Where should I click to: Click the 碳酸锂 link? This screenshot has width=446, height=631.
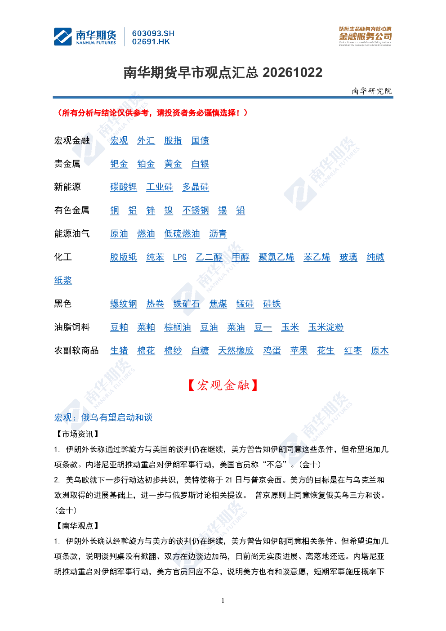coord(123,187)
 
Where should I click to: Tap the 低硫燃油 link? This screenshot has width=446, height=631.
coord(182,234)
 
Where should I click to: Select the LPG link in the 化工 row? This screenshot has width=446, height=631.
coord(180,257)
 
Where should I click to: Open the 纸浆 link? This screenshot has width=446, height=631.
coord(63,281)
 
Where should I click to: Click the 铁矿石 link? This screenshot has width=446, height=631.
coord(187,304)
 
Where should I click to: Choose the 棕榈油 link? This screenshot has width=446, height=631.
coord(178,327)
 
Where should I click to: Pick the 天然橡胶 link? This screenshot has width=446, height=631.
coord(236,351)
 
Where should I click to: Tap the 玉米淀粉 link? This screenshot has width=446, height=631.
coord(326,327)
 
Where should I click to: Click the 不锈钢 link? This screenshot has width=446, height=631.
coord(196,210)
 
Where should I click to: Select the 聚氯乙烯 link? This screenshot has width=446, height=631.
coord(277,257)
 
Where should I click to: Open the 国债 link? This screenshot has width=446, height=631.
coord(200,141)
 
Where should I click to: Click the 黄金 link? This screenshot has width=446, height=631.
coord(173,164)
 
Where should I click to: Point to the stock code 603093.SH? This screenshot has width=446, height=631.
coord(153,34)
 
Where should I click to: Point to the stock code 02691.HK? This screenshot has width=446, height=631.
coord(151,42)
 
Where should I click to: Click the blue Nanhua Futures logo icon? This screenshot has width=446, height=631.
coord(63,36)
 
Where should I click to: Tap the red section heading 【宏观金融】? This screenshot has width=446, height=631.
coord(223,385)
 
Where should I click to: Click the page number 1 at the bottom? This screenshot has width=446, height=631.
coord(223,600)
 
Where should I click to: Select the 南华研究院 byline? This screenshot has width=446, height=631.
coord(371,91)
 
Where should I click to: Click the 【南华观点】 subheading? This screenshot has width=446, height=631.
coord(77,526)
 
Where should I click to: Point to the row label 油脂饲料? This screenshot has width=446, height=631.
coord(72,327)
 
